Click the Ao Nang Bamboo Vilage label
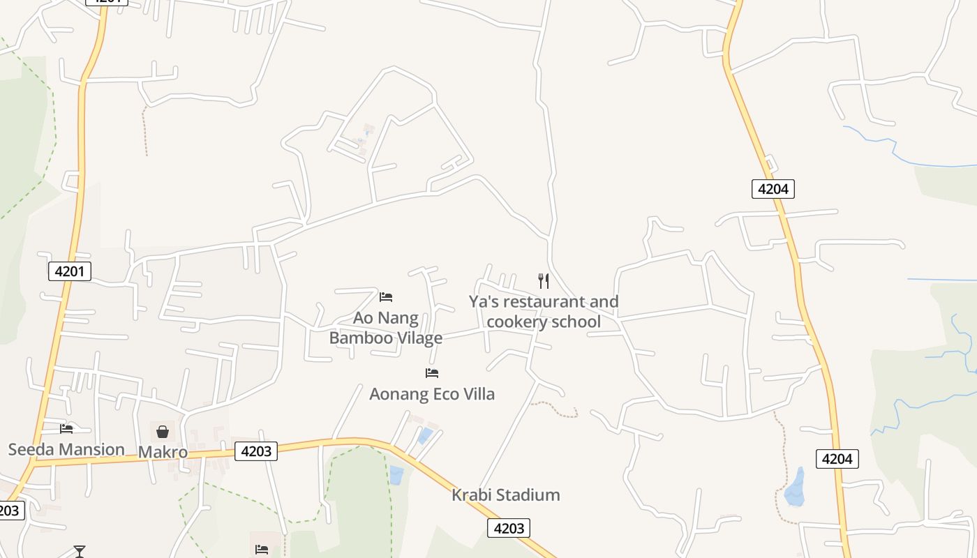pos(385,328)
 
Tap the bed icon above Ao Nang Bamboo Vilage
pos(386,297)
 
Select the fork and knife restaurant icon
pos(544,281)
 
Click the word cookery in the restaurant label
pos(516,322)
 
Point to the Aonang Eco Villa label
pos(432,394)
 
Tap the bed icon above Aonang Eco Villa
pos(432,373)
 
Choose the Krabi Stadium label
pos(506,495)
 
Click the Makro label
pos(163,452)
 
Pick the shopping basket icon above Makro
pos(163,432)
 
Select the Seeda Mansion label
pos(66,449)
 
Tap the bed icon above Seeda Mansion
pos(66,428)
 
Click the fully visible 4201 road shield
pos(70,271)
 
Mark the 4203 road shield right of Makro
pos(256,451)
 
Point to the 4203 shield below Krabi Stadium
pos(509,528)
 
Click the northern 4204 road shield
pos(773,188)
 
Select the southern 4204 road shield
pos(837,458)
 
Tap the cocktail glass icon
pos(80,552)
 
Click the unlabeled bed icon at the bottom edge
pos(262,550)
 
